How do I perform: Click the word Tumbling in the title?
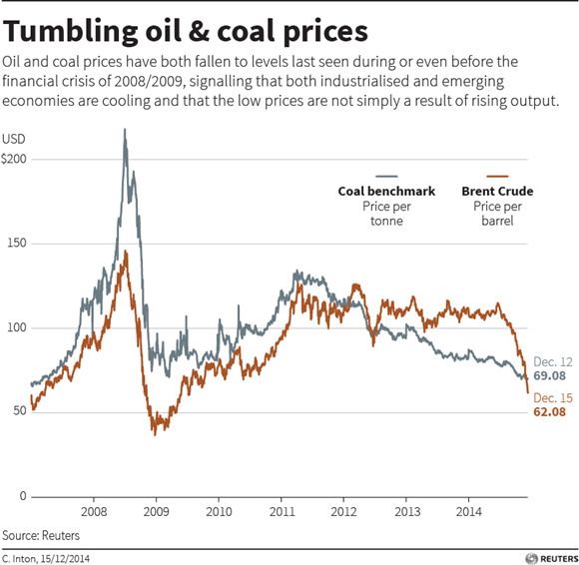70,32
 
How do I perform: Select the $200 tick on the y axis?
14,159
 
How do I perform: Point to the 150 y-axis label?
17,244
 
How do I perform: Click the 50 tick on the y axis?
20,411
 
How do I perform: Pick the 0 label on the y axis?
23,496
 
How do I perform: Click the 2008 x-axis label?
94,511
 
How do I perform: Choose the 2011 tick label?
282,511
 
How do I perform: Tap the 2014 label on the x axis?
469,511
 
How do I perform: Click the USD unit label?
14,139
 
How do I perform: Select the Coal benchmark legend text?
386,191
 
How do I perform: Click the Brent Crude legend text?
497,191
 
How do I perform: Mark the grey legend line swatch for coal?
386,176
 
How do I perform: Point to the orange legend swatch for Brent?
497,176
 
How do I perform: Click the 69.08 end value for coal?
549,375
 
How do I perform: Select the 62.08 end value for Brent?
549,411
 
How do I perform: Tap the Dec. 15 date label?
553,397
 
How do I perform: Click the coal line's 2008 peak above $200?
125,130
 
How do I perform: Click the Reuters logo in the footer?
552,558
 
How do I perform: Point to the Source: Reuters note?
41,535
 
